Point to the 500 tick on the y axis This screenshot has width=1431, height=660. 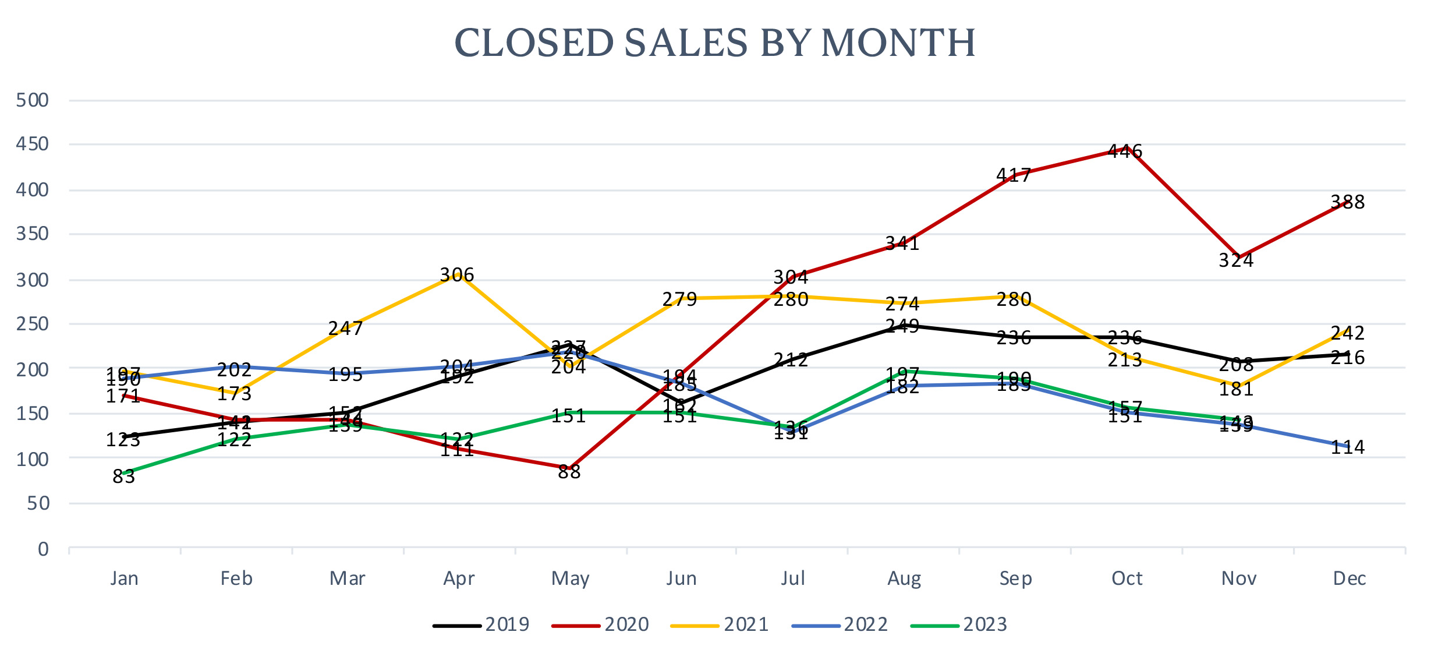(x=33, y=100)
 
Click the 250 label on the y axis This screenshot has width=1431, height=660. (x=33, y=324)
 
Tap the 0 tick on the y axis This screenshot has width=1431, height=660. (x=43, y=549)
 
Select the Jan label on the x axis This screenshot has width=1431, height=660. (x=125, y=578)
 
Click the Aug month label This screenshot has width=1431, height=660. (x=904, y=578)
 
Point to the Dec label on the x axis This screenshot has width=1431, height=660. (x=1349, y=578)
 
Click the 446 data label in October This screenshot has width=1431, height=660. (x=1125, y=151)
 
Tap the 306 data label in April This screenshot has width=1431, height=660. (x=457, y=275)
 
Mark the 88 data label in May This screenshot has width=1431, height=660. (x=569, y=472)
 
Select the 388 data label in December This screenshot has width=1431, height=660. (x=1348, y=202)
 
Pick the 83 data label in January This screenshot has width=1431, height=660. (x=123, y=477)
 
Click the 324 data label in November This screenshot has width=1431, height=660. (x=1236, y=260)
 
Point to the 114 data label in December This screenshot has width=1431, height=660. (x=1348, y=447)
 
